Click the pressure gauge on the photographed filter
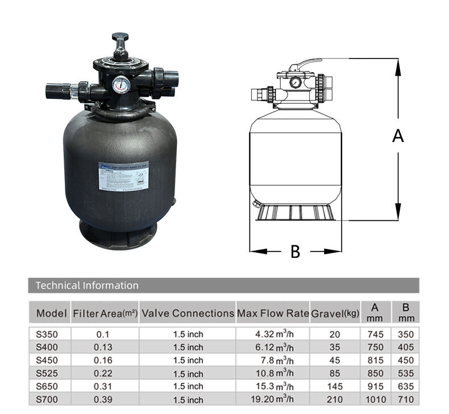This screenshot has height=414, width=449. (x=120, y=85)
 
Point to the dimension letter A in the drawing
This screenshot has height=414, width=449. (x=398, y=136)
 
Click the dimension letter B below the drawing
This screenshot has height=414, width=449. (x=295, y=252)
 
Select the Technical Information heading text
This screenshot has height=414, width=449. (x=87, y=285)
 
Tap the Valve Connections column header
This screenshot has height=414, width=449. (x=188, y=313)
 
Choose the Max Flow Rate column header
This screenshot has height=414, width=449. (x=273, y=313)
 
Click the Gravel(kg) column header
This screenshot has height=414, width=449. (x=335, y=313)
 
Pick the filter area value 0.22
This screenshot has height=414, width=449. (x=105, y=373)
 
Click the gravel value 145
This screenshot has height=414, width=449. (x=335, y=386)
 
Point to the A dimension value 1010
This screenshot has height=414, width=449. (x=375, y=399)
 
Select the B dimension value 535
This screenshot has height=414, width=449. (x=406, y=373)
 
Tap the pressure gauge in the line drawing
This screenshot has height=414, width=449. (x=295, y=82)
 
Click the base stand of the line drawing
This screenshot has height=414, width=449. (x=296, y=213)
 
